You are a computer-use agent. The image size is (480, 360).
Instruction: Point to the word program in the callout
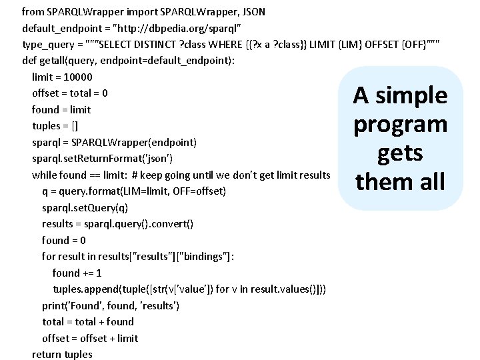[x=400, y=125]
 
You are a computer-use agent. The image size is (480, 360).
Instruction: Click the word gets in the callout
[x=400, y=153]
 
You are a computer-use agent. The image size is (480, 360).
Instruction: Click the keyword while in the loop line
[x=45, y=175]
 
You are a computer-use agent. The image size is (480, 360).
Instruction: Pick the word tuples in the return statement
[x=77, y=355]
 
